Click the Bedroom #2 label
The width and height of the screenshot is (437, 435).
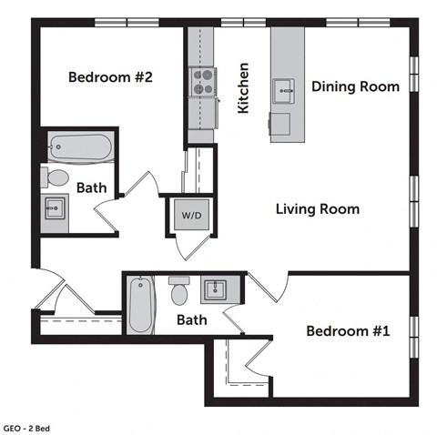109,77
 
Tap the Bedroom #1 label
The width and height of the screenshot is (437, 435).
347,331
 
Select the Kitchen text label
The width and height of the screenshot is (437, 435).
243,88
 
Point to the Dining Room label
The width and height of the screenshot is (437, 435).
355,87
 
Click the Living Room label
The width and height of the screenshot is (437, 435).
317,209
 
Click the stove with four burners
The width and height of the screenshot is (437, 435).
200,80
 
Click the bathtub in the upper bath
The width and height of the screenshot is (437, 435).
79,146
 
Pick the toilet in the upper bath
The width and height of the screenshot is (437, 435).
56,177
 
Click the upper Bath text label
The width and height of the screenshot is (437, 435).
90,188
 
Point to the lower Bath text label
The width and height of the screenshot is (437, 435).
191,320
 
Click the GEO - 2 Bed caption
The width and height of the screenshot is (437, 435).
30,426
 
